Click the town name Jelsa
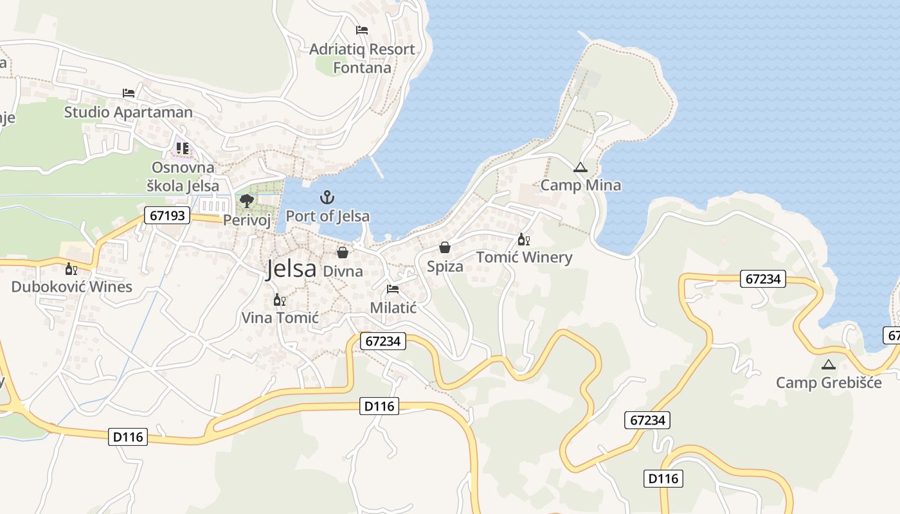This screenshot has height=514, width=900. (x=291, y=269)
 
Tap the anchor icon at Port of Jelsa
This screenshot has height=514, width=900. (x=327, y=197)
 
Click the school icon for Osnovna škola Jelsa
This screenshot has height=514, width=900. (x=183, y=149)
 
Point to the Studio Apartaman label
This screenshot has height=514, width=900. (x=128, y=112)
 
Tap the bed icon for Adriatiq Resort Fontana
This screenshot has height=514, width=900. (x=362, y=30)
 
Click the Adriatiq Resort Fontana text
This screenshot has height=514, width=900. (x=362, y=58)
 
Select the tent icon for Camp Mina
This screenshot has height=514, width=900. (x=580, y=168)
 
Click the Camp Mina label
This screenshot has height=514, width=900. (x=580, y=185)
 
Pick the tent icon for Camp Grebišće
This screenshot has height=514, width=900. (x=829, y=364)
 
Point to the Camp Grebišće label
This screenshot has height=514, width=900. (x=829, y=383)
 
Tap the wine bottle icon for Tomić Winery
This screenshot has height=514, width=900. (x=523, y=240)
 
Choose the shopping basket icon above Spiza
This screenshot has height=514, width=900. (x=444, y=247)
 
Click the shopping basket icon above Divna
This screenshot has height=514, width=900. (x=343, y=253)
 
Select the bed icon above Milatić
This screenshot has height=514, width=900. (x=393, y=289)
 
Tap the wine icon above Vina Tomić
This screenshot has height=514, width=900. (x=279, y=299)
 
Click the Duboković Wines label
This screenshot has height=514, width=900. (x=71, y=287)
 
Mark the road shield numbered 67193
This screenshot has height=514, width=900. (x=167, y=215)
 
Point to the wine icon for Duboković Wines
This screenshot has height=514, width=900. (x=71, y=269)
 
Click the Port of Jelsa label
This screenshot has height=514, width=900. (x=327, y=216)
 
